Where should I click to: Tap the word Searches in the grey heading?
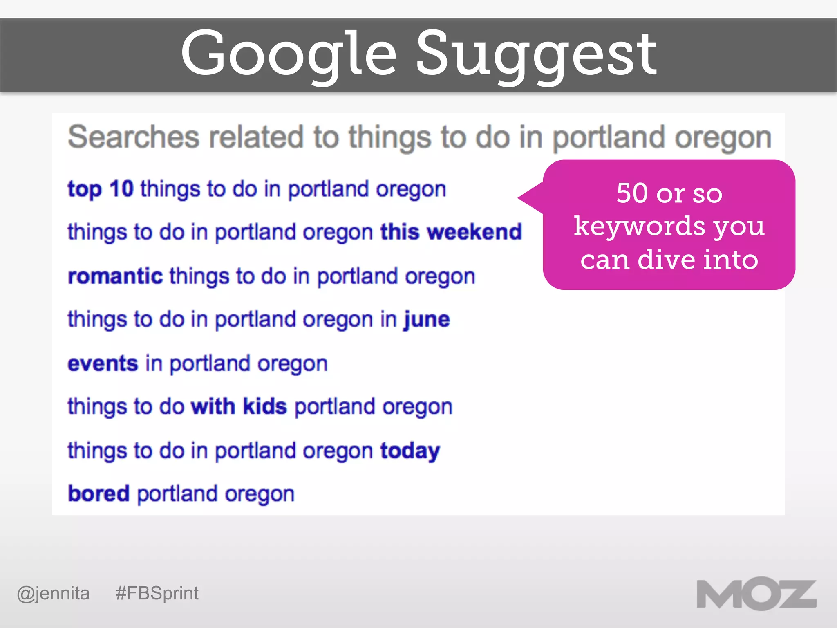134,137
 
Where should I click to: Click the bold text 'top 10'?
101,189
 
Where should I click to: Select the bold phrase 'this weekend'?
451,232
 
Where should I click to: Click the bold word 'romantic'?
115,276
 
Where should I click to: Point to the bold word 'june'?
427,319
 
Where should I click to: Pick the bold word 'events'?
103,363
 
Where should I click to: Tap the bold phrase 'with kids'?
239,406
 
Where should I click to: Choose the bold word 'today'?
410,451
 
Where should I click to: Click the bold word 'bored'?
98,494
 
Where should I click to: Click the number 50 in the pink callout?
632,193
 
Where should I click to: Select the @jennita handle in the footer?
53,593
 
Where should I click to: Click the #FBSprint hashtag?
157,593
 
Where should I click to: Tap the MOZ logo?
756,594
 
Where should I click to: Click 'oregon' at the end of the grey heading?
723,138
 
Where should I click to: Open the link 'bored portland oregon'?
181,494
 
